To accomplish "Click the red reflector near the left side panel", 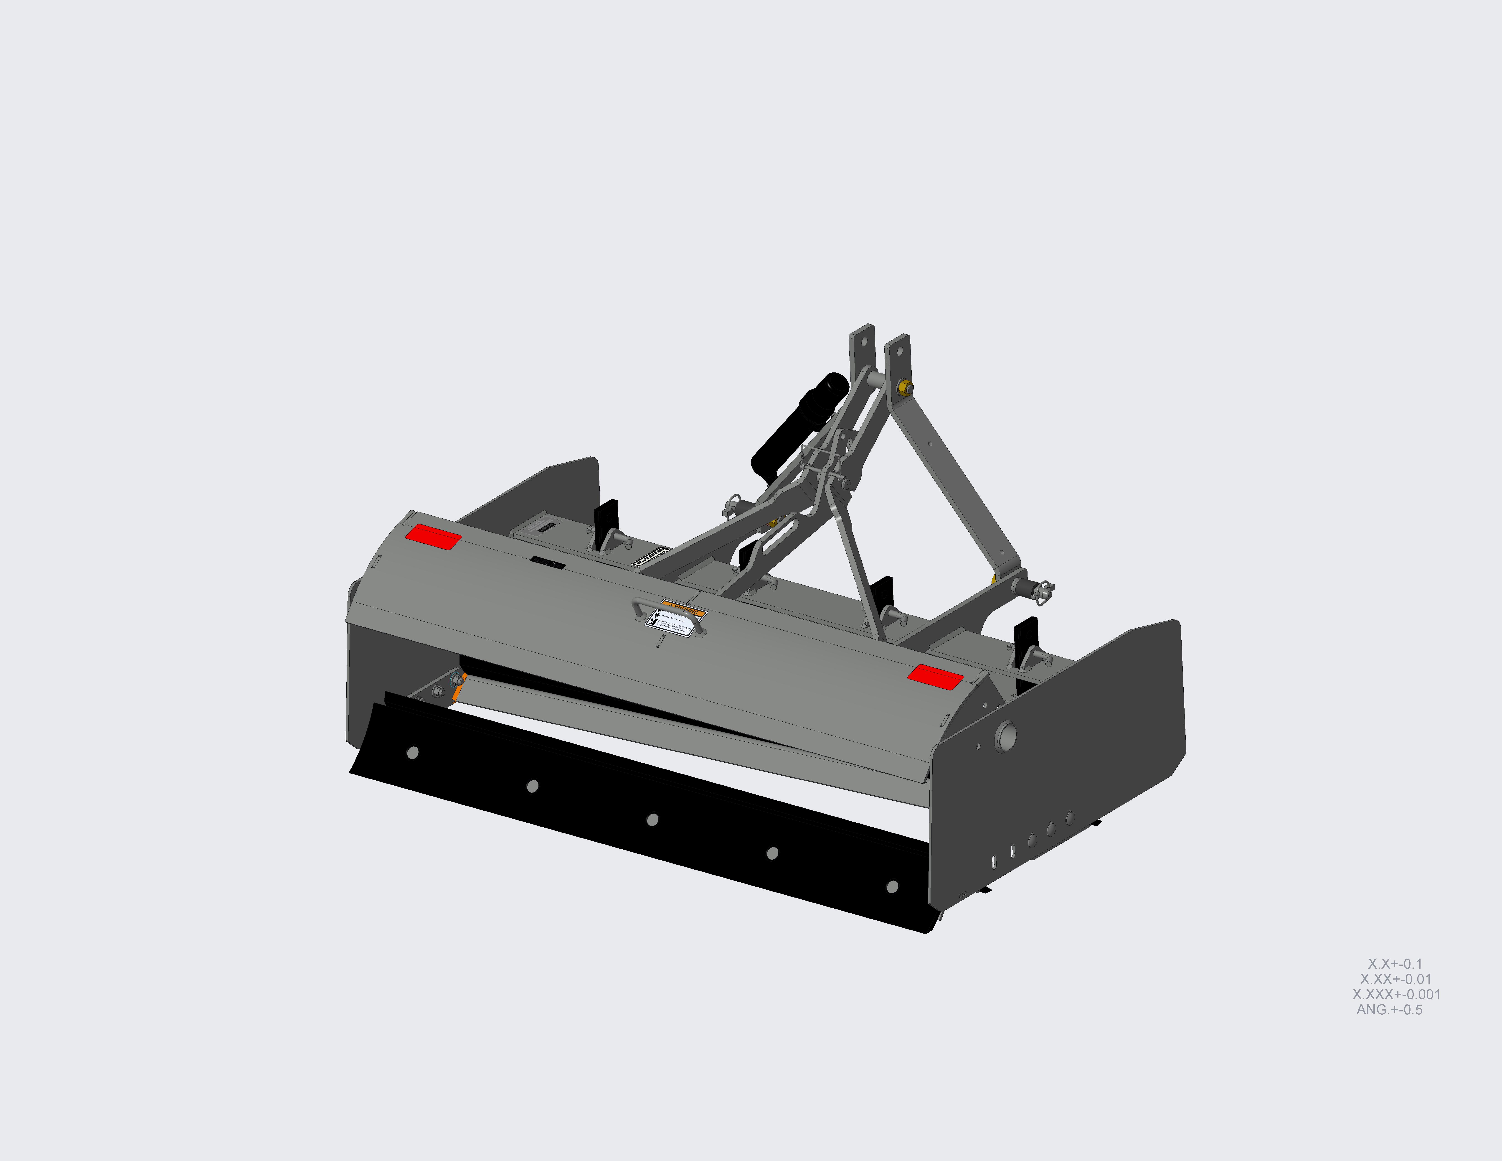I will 433,537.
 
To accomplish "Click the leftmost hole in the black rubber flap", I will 413,752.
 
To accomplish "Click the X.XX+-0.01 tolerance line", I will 1395,979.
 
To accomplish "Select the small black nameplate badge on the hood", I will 548,563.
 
